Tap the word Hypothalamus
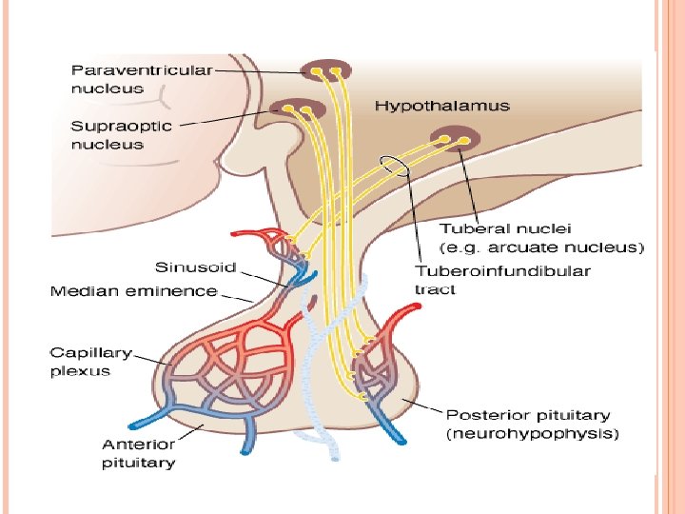pyautogui.click(x=441, y=106)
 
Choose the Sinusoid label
pyautogui.click(x=196, y=267)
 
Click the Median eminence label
pyautogui.click(x=133, y=290)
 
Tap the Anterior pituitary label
pyautogui.click(x=139, y=453)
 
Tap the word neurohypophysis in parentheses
pyautogui.click(x=533, y=434)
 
